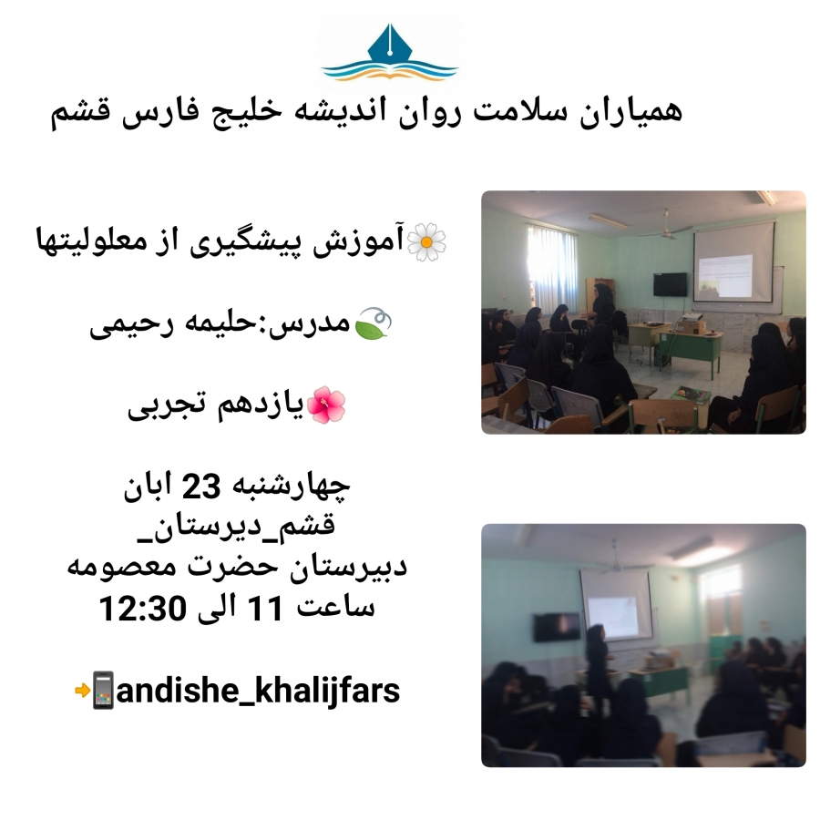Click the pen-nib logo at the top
pyautogui.click(x=390, y=52)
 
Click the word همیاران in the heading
pyautogui.click(x=630, y=111)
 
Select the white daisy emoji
pyautogui.click(x=426, y=241)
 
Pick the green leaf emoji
pyautogui.click(x=373, y=323)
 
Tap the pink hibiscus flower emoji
pyautogui.click(x=325, y=405)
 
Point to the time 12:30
pyautogui.click(x=143, y=608)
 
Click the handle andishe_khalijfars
pyautogui.click(x=258, y=691)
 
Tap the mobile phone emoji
pyautogui.click(x=102, y=691)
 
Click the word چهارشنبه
pyautogui.click(x=289, y=487)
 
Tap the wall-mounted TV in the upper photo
pyautogui.click(x=670, y=284)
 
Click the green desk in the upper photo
pyautogui.click(x=691, y=349)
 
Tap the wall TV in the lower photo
pyautogui.click(x=557, y=627)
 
